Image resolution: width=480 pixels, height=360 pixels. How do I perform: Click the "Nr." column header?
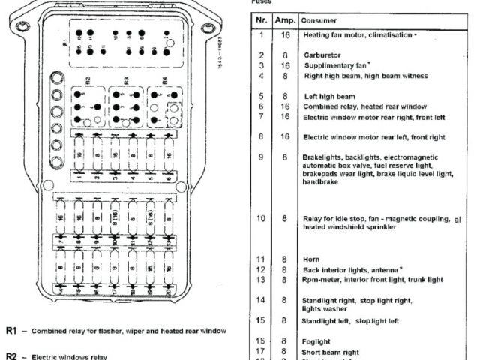coord(262,20)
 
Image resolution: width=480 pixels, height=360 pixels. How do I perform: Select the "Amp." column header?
coord(283,20)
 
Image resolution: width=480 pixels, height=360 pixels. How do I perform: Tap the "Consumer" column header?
coord(319,20)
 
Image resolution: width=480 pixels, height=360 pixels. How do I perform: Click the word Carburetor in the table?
coord(323,55)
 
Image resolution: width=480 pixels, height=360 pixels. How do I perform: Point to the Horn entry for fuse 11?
coord(311,259)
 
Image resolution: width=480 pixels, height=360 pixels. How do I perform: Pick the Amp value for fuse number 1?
coord(285,34)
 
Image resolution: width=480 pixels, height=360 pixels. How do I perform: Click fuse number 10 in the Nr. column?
coord(262,219)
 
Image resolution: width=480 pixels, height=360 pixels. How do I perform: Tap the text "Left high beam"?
coord(329,97)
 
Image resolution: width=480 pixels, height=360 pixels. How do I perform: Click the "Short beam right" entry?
coord(331,352)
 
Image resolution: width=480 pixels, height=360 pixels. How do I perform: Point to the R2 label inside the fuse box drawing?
coord(87,79)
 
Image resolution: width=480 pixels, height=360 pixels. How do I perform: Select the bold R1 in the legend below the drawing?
coord(11,330)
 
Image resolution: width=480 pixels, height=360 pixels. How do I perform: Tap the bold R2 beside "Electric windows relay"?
coord(11,356)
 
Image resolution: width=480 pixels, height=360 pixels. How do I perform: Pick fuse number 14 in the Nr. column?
coord(262,300)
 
